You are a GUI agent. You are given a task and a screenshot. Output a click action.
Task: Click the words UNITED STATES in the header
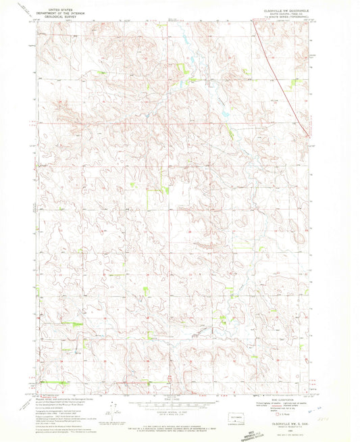59,5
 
